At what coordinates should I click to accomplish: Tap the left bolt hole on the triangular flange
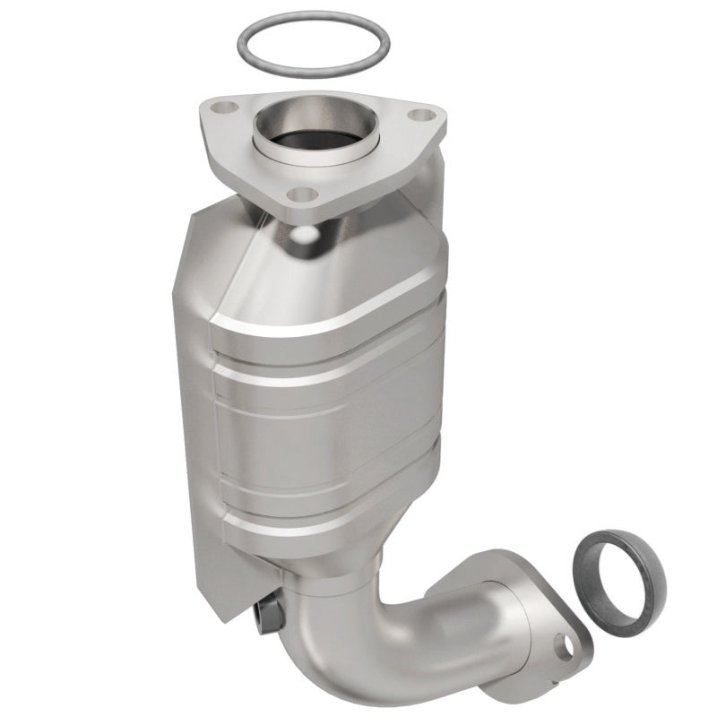(228, 108)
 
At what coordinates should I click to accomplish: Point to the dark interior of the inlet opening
(310, 138)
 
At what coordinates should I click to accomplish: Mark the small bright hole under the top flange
(306, 234)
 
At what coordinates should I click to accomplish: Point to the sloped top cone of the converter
(358, 260)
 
